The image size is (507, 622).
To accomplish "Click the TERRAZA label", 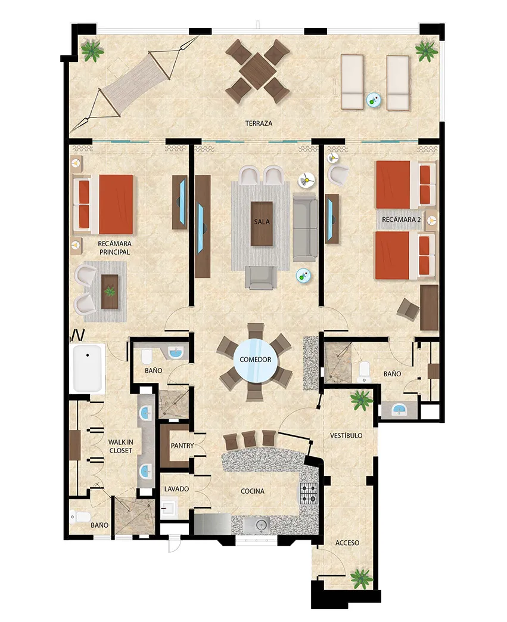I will point(259,123).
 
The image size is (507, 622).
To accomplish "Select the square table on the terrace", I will point(257,71).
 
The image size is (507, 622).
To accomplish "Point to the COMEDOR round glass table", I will point(256,360).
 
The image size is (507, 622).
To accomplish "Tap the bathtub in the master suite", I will point(88,368).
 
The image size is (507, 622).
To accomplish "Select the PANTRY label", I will point(180,445).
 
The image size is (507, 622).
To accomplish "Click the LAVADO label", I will point(176,489).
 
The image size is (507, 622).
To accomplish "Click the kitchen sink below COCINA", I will point(260,524).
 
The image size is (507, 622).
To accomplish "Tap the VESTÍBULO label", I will point(346,436).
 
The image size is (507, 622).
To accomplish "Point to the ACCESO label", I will point(347,543).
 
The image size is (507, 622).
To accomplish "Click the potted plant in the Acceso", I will point(361,577).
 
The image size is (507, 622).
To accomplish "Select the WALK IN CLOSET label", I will point(121,446).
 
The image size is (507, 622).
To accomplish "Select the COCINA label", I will point(253,491).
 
